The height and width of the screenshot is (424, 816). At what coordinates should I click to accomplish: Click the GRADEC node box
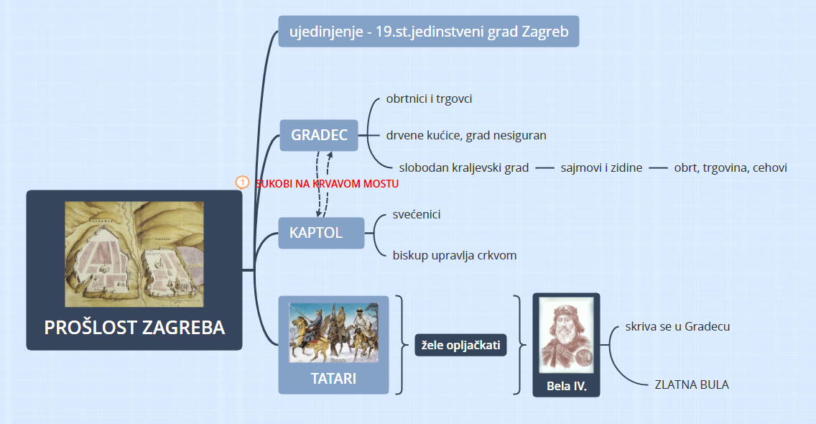coord(318,135)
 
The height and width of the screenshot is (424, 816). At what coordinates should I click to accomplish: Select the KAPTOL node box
coord(321,233)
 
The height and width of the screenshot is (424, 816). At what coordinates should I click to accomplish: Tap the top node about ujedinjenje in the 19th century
coord(428,31)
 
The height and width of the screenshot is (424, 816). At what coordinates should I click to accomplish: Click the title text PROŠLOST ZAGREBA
coord(134,327)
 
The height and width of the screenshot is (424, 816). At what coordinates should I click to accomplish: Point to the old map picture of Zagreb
coord(134,254)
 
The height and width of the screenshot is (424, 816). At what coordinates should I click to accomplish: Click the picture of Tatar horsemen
coord(333,332)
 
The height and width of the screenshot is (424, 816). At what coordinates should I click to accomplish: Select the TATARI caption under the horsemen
coord(333,378)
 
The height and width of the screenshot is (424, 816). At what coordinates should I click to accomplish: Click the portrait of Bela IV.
coord(566,336)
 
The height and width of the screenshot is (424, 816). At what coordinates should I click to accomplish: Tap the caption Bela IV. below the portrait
coord(566,386)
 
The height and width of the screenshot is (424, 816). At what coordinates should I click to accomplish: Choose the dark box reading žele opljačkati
coord(460,345)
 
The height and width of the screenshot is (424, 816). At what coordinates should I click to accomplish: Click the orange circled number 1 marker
coord(242,183)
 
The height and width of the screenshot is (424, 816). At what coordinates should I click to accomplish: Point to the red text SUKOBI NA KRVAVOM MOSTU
coord(327,183)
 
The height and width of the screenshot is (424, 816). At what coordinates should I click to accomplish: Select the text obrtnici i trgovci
coord(429,99)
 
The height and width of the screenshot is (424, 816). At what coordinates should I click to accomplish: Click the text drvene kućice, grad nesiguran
coord(466,135)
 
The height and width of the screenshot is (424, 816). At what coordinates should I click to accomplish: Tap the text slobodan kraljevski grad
coord(464,167)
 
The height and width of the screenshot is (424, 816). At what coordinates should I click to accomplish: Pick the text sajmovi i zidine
coord(601,167)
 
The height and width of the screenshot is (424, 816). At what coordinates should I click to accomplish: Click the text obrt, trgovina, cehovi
coord(730,167)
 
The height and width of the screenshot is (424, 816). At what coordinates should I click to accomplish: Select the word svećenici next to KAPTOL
coord(417,214)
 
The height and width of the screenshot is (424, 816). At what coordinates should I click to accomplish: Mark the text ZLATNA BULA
coord(692,384)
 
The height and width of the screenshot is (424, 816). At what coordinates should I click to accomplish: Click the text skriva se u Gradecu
coord(677,326)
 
